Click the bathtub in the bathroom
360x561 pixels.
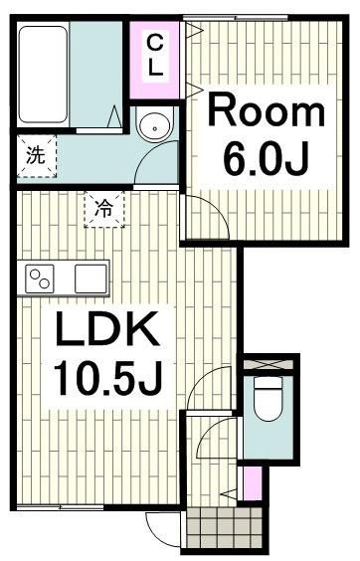tap(43, 74)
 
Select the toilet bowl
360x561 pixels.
tap(268, 401)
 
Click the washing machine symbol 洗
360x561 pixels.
tap(36, 155)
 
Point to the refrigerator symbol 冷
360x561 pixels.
tap(103, 209)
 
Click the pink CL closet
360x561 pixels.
tap(156, 57)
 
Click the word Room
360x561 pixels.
tap(265, 111)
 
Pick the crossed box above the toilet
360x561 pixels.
tap(269, 363)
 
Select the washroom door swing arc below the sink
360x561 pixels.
tap(151, 164)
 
